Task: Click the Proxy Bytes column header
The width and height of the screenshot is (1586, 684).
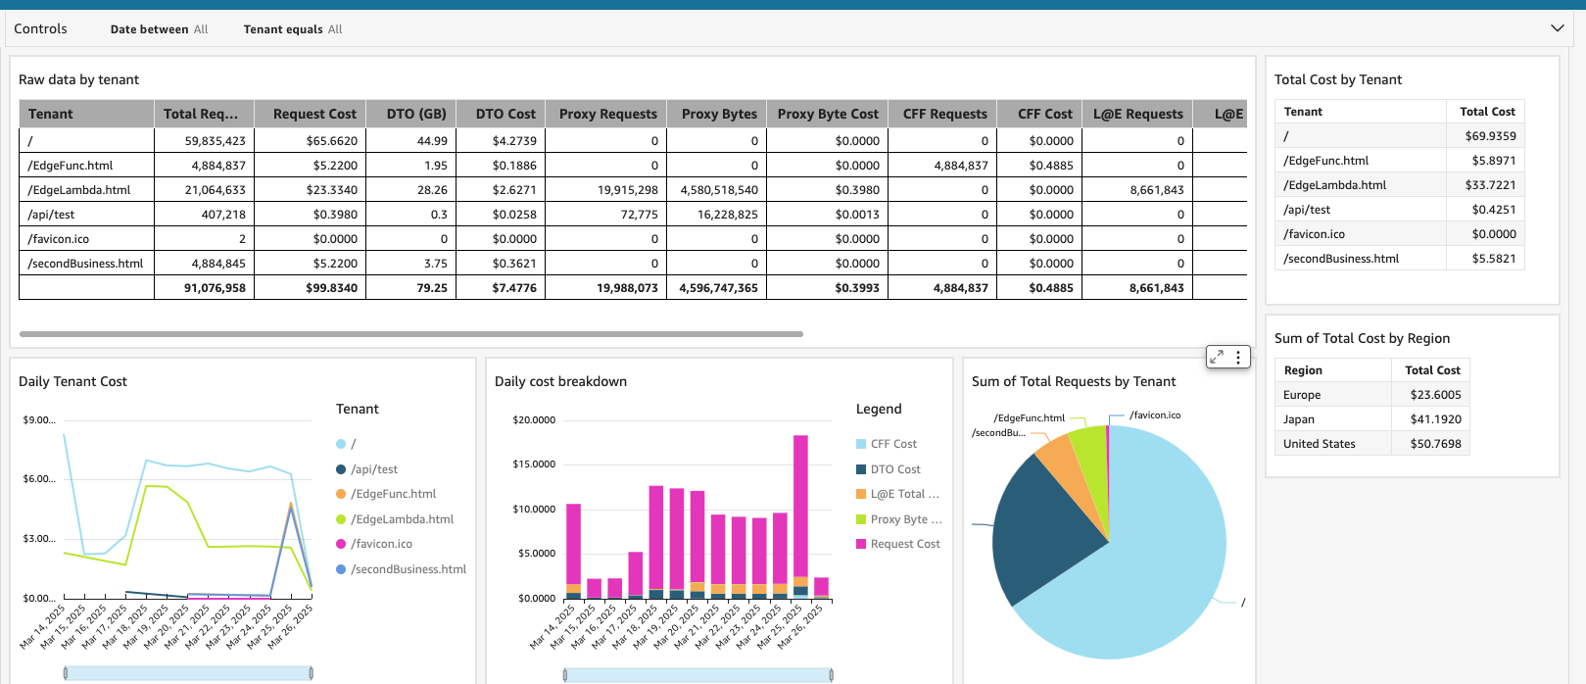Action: point(719,114)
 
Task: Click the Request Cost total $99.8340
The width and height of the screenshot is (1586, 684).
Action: point(331,288)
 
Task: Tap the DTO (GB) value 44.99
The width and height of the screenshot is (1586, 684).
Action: point(432,141)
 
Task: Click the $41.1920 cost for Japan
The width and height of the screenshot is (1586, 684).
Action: point(1435,419)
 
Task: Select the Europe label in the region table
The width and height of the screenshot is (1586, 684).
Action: point(1302,395)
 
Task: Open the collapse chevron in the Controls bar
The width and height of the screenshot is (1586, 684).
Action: point(1558,28)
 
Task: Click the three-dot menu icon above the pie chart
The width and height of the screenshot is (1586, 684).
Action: point(1238,358)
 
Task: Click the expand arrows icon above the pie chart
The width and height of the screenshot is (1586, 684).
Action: point(1217,358)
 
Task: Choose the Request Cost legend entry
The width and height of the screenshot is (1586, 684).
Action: point(904,544)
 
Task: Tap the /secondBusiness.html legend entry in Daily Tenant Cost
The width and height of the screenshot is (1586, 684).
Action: point(408,569)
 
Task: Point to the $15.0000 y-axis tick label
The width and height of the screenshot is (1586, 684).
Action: point(534,464)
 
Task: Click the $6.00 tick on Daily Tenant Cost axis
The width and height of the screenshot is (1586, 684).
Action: point(39,479)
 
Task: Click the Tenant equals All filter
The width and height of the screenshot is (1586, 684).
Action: point(293,29)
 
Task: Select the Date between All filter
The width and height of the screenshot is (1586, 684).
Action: point(159,29)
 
